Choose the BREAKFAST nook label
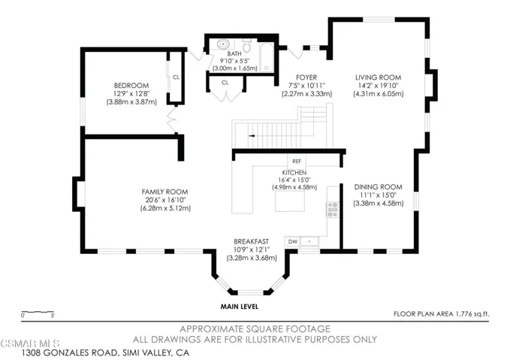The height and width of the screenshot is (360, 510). [x=252, y=242]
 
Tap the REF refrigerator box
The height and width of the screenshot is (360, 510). [x=296, y=161]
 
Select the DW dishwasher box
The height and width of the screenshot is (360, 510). [x=292, y=241]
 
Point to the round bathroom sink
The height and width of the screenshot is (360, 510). [x=222, y=44]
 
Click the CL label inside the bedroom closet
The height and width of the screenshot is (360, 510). [x=176, y=77]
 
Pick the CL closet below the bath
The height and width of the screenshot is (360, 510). [x=225, y=82]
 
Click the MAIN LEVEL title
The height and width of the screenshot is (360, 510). [x=240, y=307]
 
